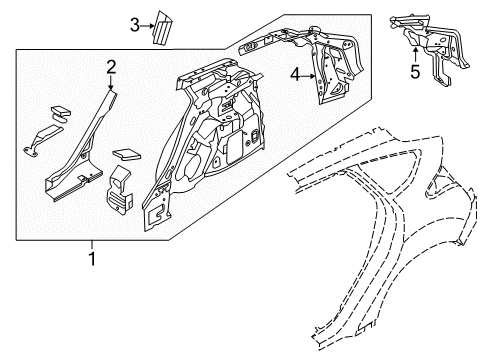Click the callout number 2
(x=112, y=67)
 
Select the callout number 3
(x=134, y=25)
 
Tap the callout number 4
(x=295, y=73)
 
